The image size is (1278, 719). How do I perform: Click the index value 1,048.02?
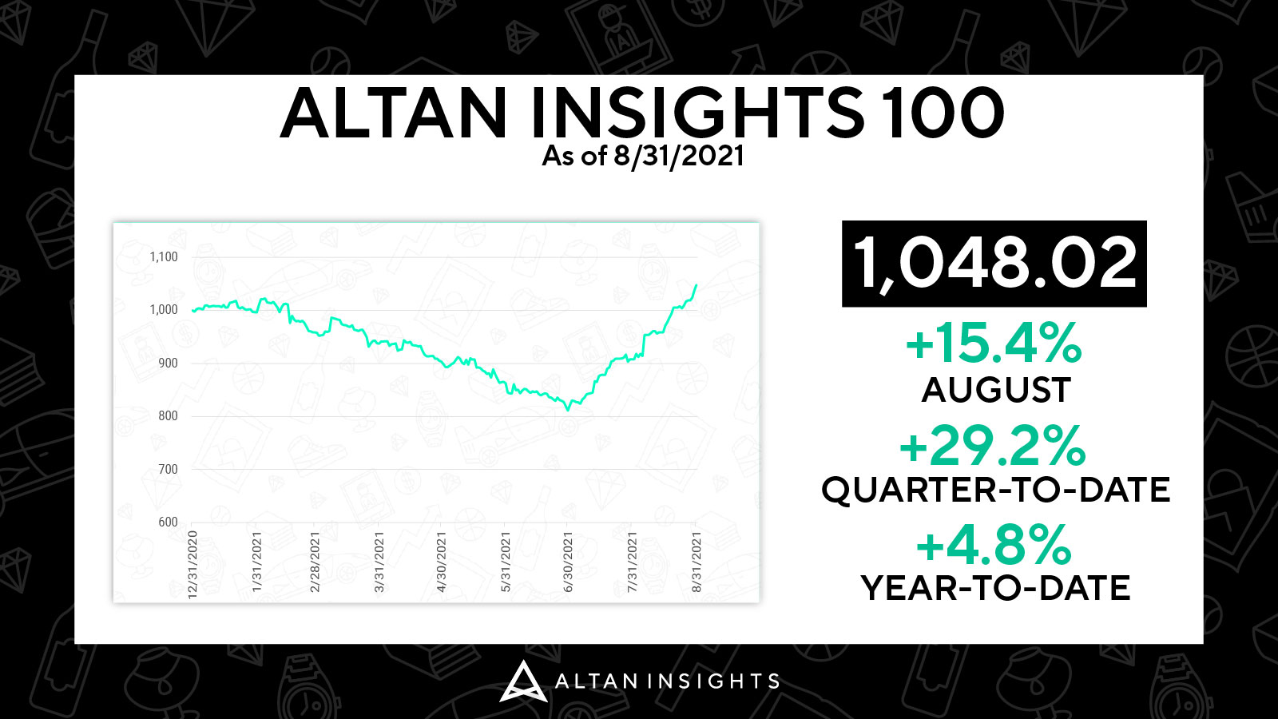coord(994,264)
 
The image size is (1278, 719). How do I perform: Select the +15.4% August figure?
coord(994,343)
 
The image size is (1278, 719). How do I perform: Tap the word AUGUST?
coord(996,391)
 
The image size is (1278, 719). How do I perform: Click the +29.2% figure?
coord(993,445)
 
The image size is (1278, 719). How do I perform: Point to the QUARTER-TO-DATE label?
coord(995,490)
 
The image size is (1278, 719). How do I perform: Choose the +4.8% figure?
coord(994,545)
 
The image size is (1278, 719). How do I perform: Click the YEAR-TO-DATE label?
coord(995,588)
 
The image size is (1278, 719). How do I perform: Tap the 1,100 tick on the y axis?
coord(164,256)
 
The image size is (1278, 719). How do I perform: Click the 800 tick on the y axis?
coord(168,416)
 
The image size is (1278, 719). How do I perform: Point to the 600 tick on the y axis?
coord(168,522)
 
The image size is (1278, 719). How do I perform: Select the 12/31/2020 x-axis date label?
coord(192,565)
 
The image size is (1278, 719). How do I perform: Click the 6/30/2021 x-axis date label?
coord(568,562)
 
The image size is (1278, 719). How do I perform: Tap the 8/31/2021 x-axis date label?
coord(696,562)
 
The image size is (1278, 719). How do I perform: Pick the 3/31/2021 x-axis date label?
coord(379,562)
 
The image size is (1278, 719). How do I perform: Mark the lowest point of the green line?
coord(568,410)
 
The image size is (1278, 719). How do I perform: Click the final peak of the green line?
coord(696,284)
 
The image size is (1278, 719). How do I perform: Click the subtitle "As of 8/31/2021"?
coord(643,156)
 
